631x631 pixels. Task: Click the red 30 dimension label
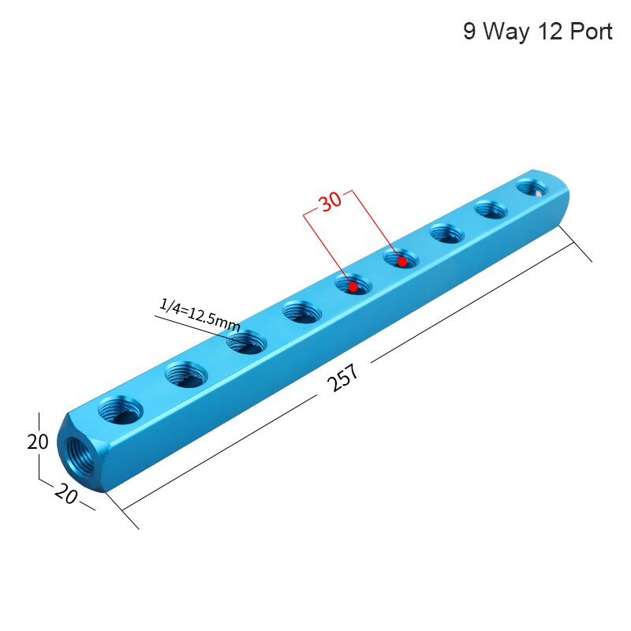pos(331,200)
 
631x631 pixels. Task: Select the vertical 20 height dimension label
pos(37,442)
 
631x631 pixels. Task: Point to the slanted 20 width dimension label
pos(67,495)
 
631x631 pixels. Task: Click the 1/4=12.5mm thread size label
pos(199,313)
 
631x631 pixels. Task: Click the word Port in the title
pos(586,32)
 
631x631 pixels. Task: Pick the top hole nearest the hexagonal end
pos(121,409)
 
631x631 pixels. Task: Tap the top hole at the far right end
pos(532,188)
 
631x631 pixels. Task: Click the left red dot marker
pos(353,287)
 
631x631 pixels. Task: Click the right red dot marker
pos(401,260)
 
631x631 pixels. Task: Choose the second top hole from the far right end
pos(491,210)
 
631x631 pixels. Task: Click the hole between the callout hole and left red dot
pos(302,312)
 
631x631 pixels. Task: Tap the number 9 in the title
pos(469,32)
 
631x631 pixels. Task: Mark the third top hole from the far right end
pos(446,233)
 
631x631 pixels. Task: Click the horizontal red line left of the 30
pos(311,213)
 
